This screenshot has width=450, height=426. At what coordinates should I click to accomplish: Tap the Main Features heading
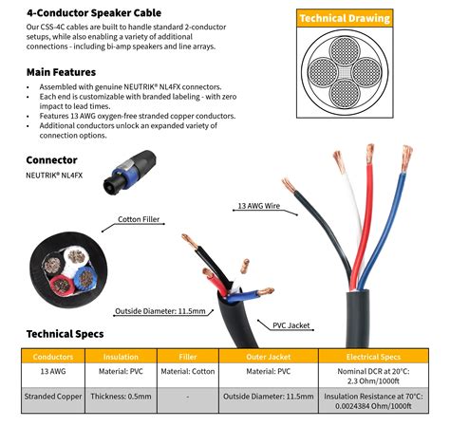(61, 71)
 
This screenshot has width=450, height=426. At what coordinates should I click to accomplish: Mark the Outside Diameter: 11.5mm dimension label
(160, 310)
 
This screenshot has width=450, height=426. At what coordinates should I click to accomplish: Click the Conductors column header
(47, 357)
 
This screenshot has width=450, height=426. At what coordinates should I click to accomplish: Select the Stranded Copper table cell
(47, 396)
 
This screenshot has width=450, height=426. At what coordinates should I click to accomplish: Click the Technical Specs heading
(65, 334)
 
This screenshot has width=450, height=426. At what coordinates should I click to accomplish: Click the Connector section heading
(51, 159)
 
